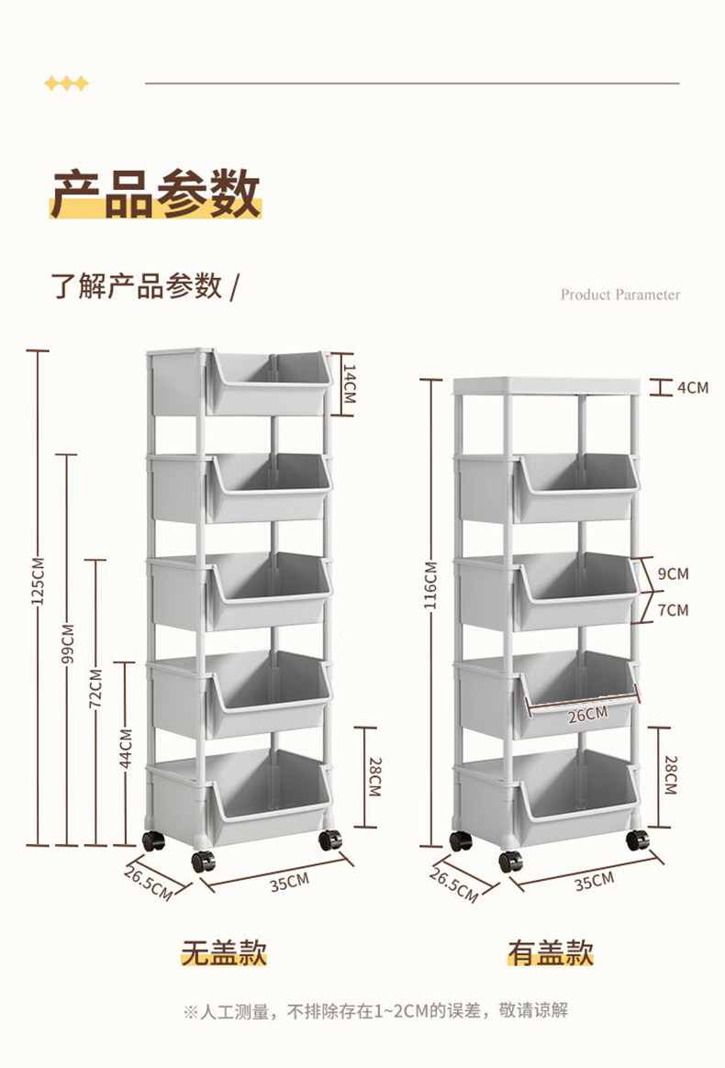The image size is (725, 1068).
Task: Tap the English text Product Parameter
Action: pos(620,295)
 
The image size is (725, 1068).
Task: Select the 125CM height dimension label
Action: pos(38,582)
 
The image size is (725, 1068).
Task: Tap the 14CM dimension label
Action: pos(349,384)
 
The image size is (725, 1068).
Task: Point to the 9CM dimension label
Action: pos(673,574)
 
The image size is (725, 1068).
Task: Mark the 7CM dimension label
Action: pos(673,609)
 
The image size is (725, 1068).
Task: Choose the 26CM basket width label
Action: pos(587,715)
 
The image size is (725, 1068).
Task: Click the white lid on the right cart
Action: pos(545,385)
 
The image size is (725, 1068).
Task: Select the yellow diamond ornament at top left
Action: pos(67,84)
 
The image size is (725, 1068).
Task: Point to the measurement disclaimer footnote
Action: pos(375,1011)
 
